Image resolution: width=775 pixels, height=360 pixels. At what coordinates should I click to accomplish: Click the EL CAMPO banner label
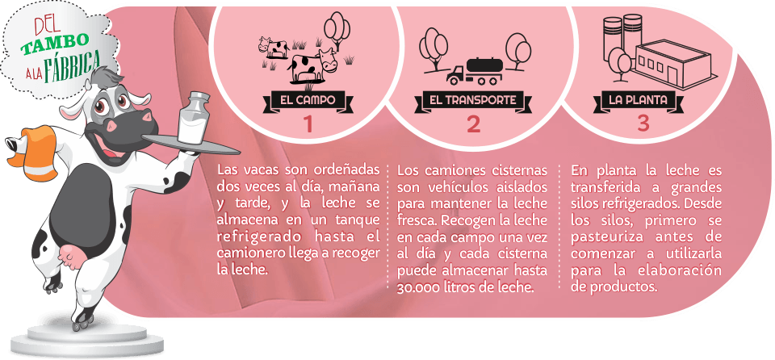coord(307,100)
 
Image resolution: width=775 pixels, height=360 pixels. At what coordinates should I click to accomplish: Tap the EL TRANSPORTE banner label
coord(473,100)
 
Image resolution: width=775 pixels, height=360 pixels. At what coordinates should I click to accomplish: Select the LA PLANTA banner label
coord(638,100)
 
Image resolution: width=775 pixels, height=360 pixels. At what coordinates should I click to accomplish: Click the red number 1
coord(308,124)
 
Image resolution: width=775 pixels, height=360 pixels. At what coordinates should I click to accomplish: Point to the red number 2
coord(473,124)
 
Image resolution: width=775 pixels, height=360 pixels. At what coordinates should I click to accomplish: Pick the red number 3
coord(643,123)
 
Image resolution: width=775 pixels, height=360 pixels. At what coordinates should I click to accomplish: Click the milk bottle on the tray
coord(194,118)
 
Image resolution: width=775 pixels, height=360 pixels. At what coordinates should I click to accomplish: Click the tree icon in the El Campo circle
coord(337,31)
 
